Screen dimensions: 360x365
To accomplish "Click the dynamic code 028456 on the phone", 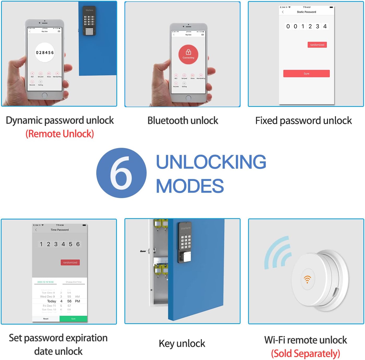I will (x=45, y=52).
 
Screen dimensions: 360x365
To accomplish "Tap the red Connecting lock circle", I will (x=188, y=54).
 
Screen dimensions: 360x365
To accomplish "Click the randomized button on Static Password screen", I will (x=317, y=45).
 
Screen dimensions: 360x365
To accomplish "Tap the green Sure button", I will (x=73, y=319).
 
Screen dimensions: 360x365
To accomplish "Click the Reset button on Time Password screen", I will (x=46, y=319).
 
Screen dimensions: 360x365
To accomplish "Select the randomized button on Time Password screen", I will (x=70, y=263).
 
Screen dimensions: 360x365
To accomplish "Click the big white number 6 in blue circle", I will (x=121, y=173).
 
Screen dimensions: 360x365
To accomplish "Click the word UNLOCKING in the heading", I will (x=211, y=162).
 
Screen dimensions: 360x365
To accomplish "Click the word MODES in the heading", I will (x=190, y=186).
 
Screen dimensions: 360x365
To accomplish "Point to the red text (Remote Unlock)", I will (x=59, y=134).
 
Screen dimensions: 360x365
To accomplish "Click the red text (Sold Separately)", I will (x=306, y=353).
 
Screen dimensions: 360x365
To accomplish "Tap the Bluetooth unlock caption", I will (x=183, y=120).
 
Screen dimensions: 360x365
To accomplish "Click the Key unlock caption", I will (x=182, y=343).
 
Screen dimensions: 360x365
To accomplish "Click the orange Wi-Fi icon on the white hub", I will (x=307, y=279).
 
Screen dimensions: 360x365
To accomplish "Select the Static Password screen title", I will (x=306, y=12).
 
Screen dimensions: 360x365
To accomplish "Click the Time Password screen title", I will (x=59, y=230).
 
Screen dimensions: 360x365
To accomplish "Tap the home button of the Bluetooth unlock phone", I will (x=188, y=98).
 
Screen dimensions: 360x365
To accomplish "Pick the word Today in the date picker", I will (x=51, y=301).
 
